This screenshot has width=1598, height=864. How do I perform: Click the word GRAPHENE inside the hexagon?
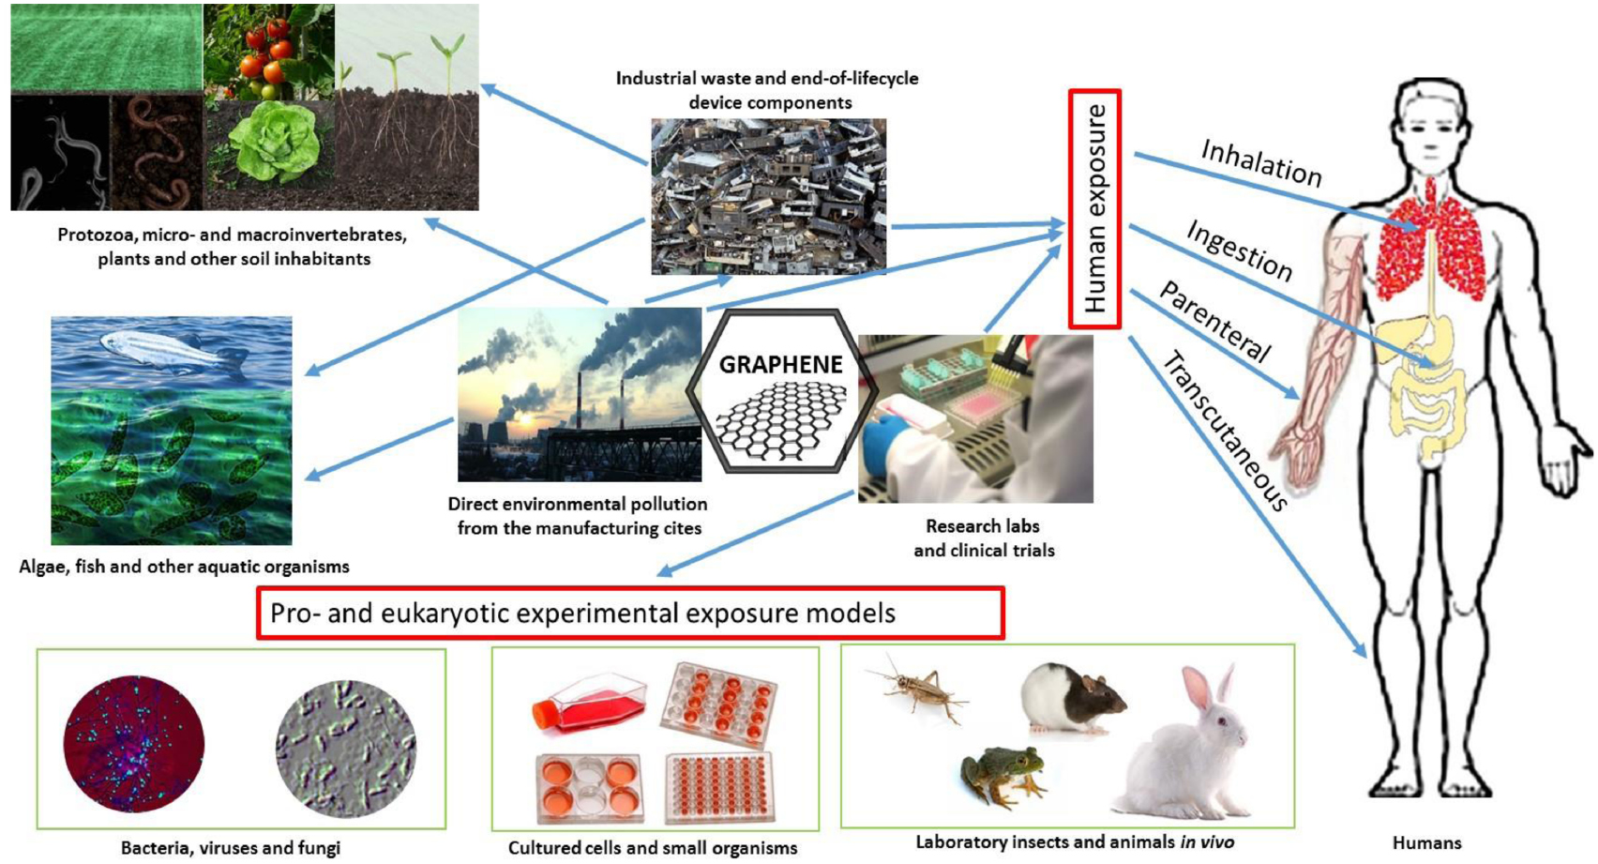[x=780, y=364]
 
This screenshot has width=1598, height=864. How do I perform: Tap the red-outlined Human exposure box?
[x=1095, y=209]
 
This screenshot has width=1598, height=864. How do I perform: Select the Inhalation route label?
[x=1261, y=164]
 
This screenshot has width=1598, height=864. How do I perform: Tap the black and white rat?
[x=1072, y=698]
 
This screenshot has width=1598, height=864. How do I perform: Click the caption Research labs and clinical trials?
[x=984, y=538]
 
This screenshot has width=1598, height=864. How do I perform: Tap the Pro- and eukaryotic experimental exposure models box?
[x=630, y=614]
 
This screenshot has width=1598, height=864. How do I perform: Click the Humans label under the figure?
[x=1426, y=842]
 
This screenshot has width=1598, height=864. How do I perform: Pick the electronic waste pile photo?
[x=769, y=196]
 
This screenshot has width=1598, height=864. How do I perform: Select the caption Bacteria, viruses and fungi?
[x=231, y=848]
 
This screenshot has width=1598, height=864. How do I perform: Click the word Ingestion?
[x=1239, y=250]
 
